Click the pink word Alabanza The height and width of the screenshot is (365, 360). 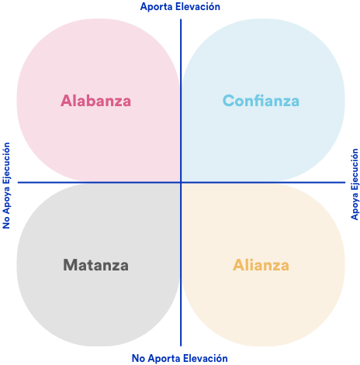coord(95,101)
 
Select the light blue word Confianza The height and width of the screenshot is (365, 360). coord(261,101)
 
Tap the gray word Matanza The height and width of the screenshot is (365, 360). coord(95,265)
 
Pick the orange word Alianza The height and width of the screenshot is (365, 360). coord(261,265)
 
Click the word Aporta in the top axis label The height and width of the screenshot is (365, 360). coord(157,7)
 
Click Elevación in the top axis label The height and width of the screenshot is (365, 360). coord(198,6)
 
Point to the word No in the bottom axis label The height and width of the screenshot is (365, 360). coord(138,359)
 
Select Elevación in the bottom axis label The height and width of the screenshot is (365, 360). coord(206,358)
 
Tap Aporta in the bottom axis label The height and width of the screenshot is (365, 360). coord(164,359)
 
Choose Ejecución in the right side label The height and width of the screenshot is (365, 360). coord(355,169)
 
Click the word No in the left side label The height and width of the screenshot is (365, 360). coord(6,222)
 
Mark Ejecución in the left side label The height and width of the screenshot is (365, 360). coord(6,163)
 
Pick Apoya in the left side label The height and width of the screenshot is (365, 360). coord(6,200)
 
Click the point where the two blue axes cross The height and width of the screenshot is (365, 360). coord(181,182)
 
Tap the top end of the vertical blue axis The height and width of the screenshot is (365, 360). coord(181,19)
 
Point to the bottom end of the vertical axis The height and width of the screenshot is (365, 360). coord(181,346)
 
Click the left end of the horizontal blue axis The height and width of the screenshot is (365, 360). coord(18,182)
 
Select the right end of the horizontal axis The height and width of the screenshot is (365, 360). coord(345,182)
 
